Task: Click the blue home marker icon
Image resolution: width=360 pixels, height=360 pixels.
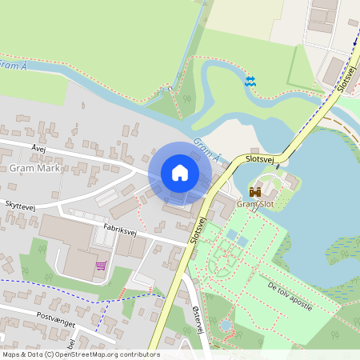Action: click(180, 172)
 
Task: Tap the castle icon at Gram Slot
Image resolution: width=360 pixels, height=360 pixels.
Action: click(255, 192)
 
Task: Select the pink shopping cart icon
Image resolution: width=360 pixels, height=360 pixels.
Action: click(101, 265)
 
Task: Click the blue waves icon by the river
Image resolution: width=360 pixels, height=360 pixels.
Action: click(250, 81)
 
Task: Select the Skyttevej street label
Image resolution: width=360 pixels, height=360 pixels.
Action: click(21, 206)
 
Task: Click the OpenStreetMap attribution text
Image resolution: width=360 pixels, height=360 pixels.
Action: click(80, 354)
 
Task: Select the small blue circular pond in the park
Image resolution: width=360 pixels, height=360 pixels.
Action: click(226, 326)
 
